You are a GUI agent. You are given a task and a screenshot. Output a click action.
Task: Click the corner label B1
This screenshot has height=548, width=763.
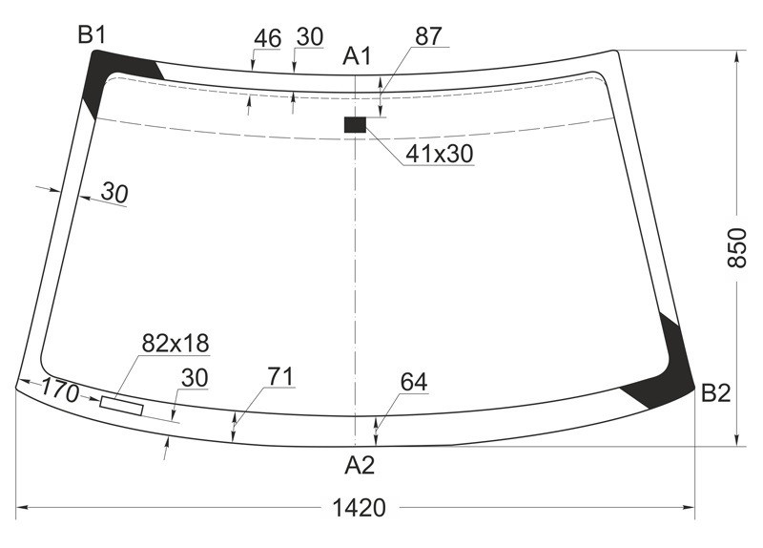(x=92, y=36)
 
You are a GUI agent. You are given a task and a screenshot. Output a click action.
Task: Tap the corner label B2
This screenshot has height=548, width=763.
(x=715, y=393)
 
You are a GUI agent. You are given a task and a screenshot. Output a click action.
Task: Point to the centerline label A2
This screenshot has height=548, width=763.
(x=360, y=466)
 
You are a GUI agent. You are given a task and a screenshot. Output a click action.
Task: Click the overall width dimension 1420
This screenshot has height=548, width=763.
(x=359, y=508)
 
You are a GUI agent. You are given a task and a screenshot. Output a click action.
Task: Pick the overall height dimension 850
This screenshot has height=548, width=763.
(x=736, y=248)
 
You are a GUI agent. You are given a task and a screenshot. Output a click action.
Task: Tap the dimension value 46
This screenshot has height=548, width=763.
(x=268, y=37)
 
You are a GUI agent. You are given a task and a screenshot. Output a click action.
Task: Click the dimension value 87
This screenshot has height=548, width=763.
(x=428, y=36)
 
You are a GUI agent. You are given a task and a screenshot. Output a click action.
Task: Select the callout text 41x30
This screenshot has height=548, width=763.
(x=439, y=154)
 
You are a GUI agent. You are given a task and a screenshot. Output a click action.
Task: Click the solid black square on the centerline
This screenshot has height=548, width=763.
(x=355, y=124)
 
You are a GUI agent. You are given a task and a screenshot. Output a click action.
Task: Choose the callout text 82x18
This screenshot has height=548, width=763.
(x=175, y=343)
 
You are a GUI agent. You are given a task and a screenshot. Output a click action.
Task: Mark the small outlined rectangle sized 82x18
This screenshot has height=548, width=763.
(x=121, y=405)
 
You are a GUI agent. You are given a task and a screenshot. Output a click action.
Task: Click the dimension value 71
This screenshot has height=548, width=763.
(x=279, y=377)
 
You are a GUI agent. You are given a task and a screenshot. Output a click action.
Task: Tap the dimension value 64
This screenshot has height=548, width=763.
(x=414, y=383)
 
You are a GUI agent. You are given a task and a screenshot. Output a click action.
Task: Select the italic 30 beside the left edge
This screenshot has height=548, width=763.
(x=113, y=194)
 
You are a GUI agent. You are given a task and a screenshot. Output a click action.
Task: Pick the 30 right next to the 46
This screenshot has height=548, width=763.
(x=310, y=37)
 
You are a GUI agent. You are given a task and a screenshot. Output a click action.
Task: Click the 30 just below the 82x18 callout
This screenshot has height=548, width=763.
(x=194, y=378)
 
